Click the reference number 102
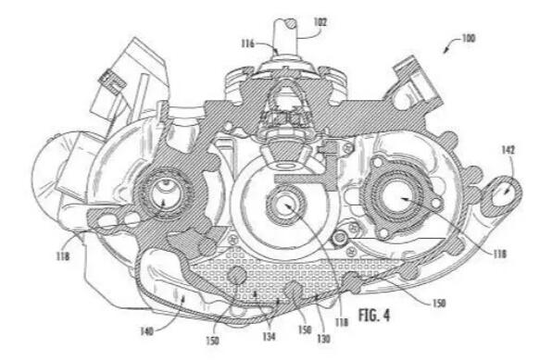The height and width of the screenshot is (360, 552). [x=320, y=22]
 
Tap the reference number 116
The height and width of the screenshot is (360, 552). [x=248, y=43]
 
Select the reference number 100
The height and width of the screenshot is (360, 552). [x=469, y=38]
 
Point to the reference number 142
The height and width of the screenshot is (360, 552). [x=508, y=150]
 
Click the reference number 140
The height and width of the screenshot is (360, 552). [x=147, y=331]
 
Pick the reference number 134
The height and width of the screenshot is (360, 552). [x=269, y=337]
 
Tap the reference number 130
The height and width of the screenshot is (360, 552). [x=323, y=338]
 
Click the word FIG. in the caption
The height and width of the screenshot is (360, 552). [x=368, y=315]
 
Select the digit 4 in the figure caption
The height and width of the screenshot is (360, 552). [x=386, y=315]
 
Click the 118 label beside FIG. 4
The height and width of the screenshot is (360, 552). [x=342, y=322]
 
